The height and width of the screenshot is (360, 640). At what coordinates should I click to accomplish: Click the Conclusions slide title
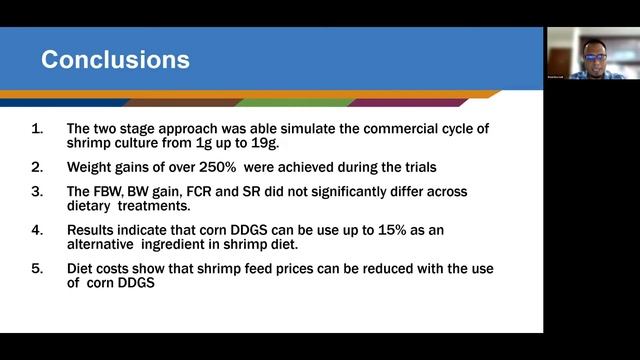click(x=115, y=60)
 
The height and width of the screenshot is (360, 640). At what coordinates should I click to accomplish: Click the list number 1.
click(x=37, y=129)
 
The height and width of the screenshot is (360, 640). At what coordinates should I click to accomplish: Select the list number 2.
click(x=37, y=165)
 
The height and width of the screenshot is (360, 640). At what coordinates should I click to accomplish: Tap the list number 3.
click(x=37, y=191)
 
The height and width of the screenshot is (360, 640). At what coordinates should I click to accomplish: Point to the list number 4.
click(x=37, y=230)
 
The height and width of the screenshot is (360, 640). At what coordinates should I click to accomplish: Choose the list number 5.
click(x=37, y=270)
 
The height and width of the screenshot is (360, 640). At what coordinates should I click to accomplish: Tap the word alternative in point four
click(x=109, y=244)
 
